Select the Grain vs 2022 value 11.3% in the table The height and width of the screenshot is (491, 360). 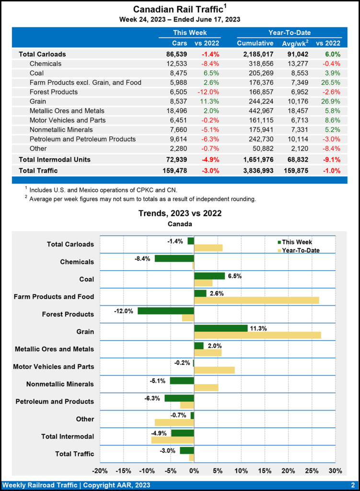[x=209, y=101]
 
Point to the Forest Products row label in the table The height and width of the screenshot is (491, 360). [x=54, y=92]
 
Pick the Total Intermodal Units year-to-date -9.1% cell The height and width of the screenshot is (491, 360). [x=330, y=159]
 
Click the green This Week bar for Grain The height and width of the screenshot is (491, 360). [x=221, y=328]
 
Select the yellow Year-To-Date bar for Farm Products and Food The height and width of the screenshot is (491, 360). [x=256, y=300]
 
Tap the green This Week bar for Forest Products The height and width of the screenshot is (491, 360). [x=166, y=311]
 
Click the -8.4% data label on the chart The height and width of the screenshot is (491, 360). [x=143, y=258]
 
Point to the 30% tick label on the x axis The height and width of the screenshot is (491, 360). [x=336, y=470]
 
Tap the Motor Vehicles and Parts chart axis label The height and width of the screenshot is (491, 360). [x=54, y=367]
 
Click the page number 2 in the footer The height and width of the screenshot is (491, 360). [x=352, y=484]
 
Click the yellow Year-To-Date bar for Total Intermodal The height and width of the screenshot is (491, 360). [x=173, y=440]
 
